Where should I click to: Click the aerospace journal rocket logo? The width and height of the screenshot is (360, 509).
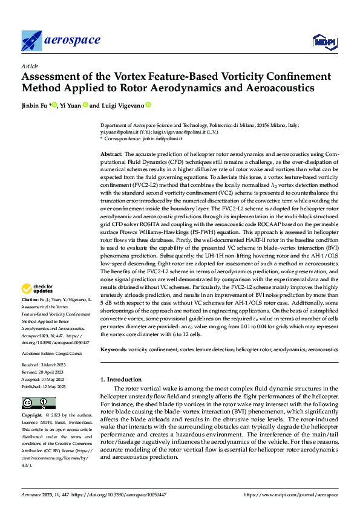tap(31, 41)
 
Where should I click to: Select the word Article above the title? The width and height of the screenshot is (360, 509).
tap(30, 66)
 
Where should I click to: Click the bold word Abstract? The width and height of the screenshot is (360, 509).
tap(111, 155)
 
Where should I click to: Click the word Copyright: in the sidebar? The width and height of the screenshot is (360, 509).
tap(31, 416)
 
